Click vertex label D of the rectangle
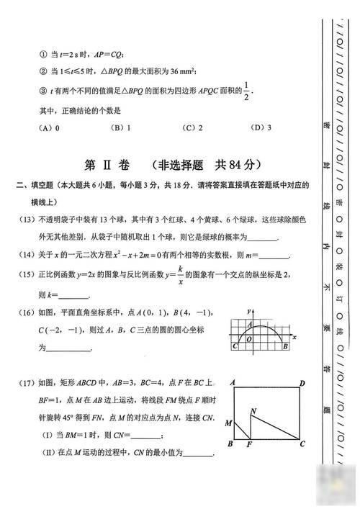[302, 383]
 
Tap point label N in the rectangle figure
[253, 411]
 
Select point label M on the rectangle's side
[228, 423]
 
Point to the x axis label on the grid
[294, 335]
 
